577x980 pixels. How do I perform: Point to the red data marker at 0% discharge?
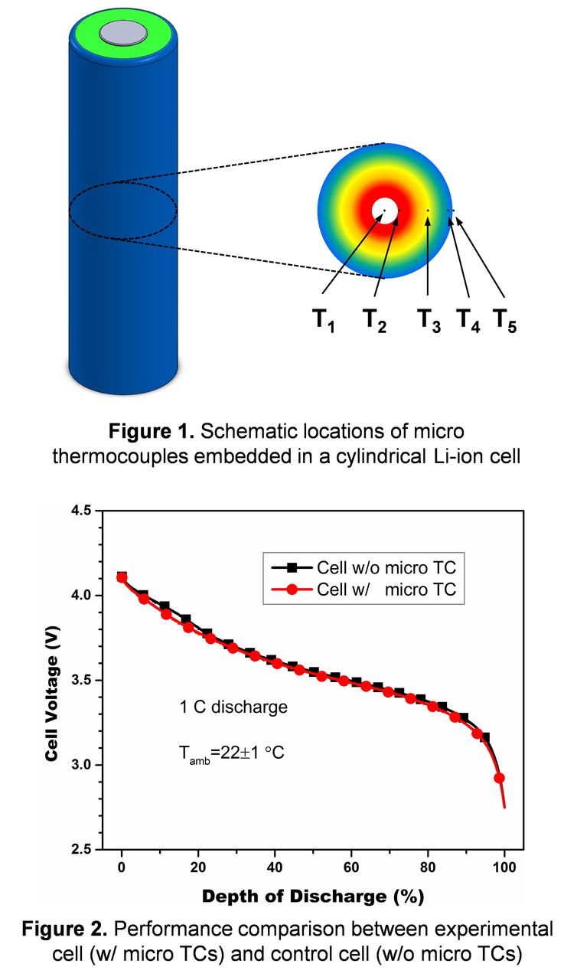pyautogui.click(x=122, y=577)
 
